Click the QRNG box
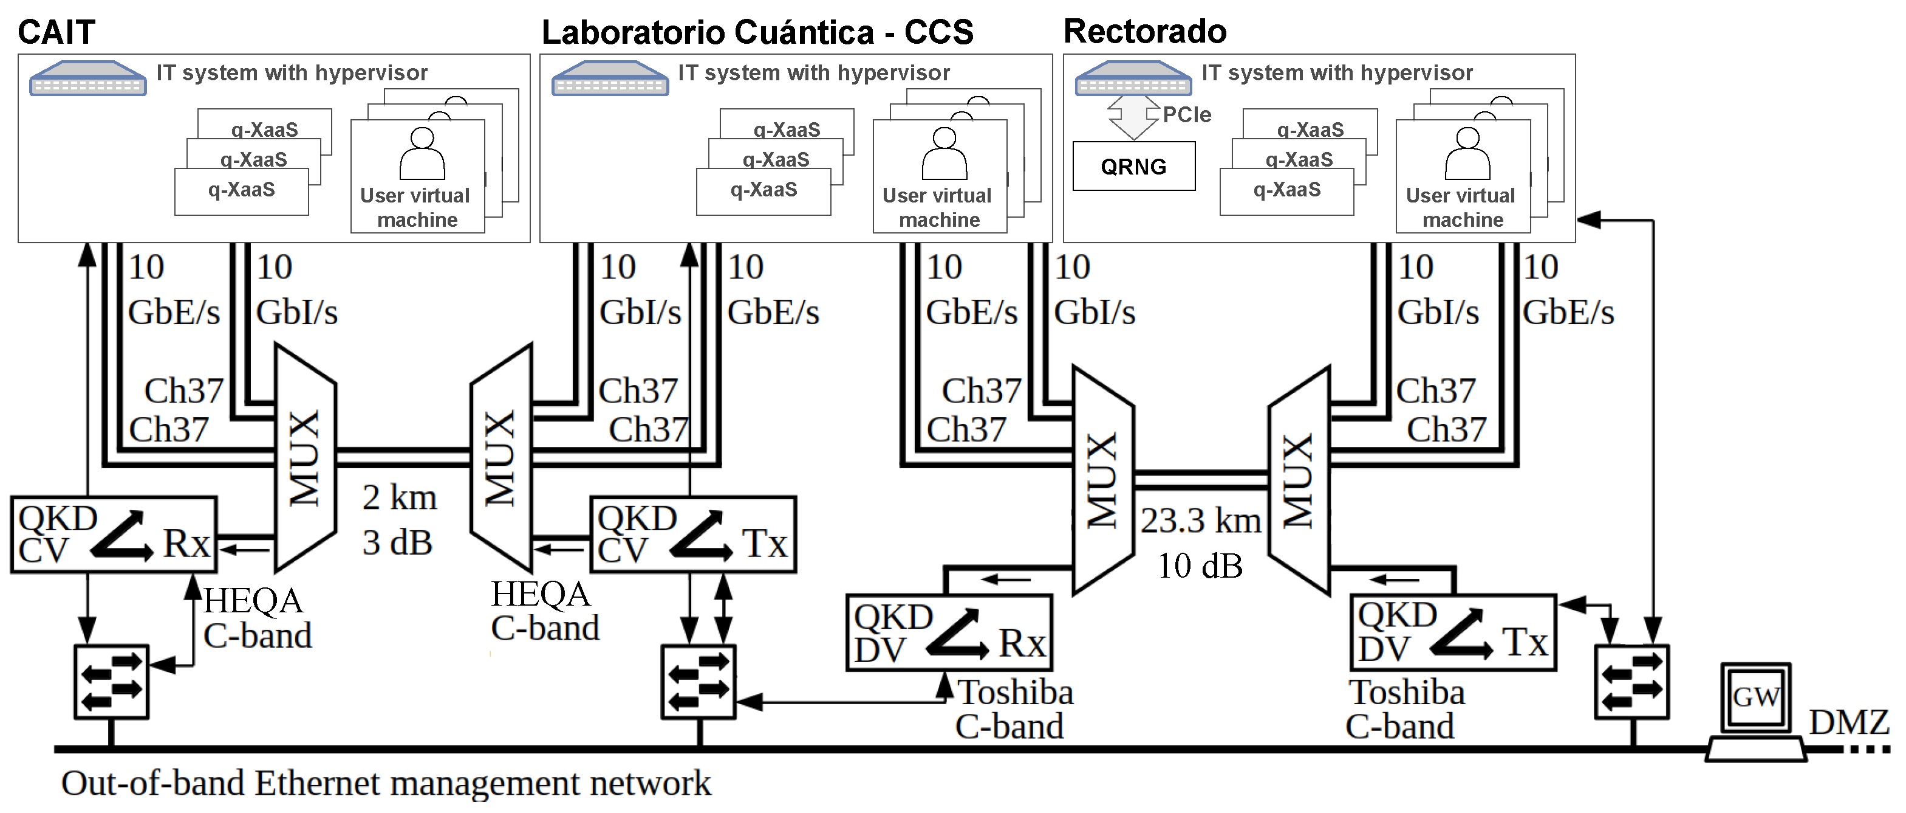(1133, 167)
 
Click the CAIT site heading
(56, 33)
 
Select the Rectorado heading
(1145, 32)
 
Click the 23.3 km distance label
(1200, 521)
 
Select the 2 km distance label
(400, 497)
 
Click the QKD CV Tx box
(692, 535)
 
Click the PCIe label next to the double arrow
(1187, 115)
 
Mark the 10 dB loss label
(1200, 567)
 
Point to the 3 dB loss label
(397, 543)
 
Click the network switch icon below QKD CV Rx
(112, 682)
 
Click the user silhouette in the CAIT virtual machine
(422, 154)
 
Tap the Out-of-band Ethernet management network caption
(386, 783)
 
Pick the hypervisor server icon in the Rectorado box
(1133, 78)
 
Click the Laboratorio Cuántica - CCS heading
(757, 33)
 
